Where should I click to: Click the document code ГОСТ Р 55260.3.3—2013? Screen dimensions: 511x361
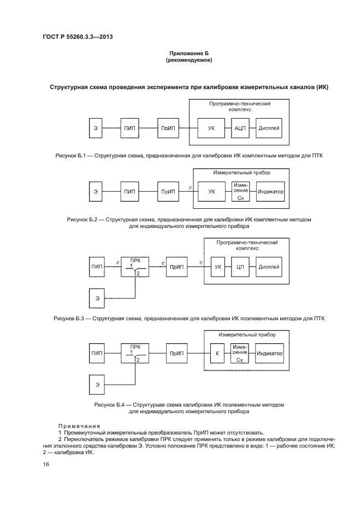click(74, 37)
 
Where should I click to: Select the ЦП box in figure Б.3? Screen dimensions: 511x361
click(239, 267)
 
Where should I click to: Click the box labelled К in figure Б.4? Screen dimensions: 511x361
click(217, 354)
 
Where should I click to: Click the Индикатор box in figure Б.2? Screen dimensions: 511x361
click(270, 192)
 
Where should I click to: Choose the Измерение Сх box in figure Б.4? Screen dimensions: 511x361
click(240, 354)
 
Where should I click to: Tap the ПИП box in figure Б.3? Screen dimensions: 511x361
click(97, 267)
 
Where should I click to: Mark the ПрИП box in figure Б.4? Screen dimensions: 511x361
click(175, 354)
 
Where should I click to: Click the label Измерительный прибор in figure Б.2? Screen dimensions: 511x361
click(241, 173)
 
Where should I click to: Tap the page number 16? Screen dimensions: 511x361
click(46, 465)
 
